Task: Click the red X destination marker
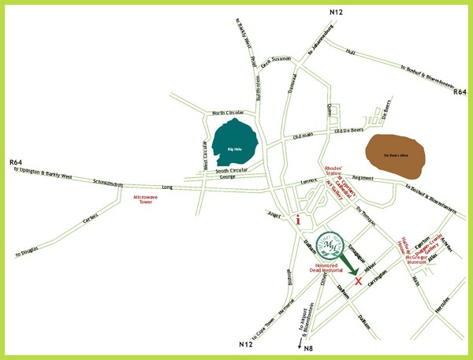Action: (x=359, y=281)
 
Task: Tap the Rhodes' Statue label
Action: (x=332, y=172)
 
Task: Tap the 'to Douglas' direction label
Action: (x=29, y=251)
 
